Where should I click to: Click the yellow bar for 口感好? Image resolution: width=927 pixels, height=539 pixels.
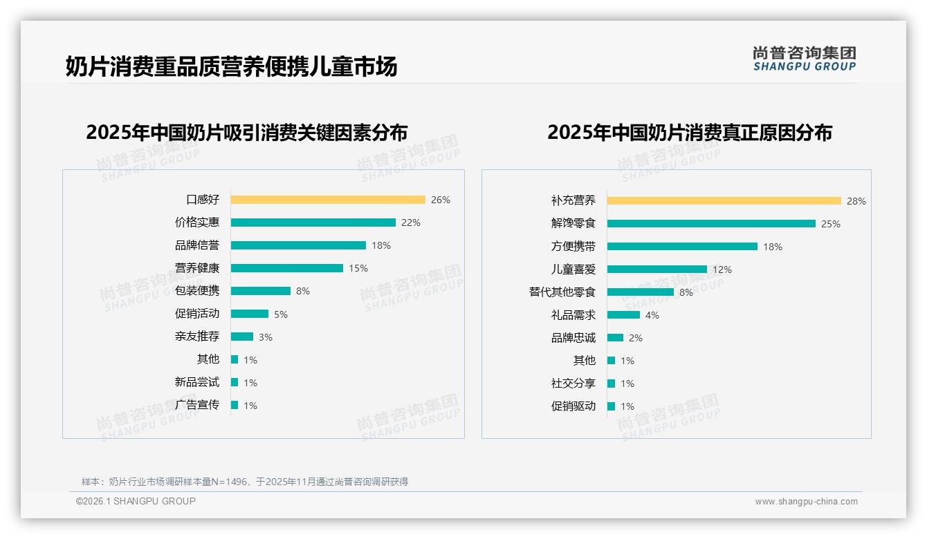coord(328,200)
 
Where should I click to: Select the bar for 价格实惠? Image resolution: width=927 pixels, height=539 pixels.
coord(313,223)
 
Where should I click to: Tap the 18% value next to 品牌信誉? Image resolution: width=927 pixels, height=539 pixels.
coord(381,245)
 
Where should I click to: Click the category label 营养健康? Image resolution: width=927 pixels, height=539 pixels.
coord(197,268)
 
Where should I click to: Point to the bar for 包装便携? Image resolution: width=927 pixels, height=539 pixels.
coord(261,291)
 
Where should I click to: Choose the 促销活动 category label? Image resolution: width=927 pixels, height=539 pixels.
coord(197,314)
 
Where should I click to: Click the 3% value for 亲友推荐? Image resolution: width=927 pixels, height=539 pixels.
coord(266,337)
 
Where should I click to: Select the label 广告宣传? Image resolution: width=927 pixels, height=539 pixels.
coord(197,405)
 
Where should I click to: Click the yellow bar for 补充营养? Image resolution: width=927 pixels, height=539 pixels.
coord(724,200)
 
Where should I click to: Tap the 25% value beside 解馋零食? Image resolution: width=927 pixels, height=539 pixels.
coord(831,224)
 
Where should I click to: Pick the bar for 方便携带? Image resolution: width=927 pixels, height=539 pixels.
coord(682,247)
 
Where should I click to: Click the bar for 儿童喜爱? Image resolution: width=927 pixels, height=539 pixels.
coord(657,269)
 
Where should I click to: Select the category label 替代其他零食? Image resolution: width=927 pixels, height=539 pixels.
coord(562,292)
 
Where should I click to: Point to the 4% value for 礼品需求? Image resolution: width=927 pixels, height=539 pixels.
coord(652,315)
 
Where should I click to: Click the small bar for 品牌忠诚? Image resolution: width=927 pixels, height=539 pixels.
coord(615,338)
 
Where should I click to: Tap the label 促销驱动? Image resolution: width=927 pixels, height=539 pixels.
coord(573,406)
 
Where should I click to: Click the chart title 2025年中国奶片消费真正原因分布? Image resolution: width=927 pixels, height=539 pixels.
coord(690,132)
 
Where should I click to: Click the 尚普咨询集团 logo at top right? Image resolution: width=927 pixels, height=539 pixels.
coord(805,59)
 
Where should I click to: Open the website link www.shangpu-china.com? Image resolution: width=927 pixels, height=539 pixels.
coord(806,502)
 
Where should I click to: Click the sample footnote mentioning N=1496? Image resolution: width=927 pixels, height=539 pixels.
coord(245,482)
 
